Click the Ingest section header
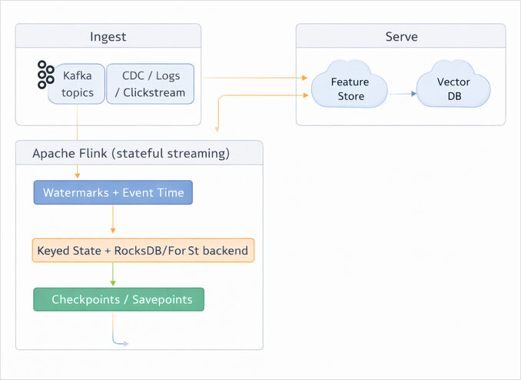point(108,37)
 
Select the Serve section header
point(400,37)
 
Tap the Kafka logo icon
point(45,75)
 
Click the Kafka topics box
point(77,85)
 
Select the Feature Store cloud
point(349,89)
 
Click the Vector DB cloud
point(453,89)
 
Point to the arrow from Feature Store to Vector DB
point(402,94)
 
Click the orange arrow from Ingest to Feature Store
point(254,77)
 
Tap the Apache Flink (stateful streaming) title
point(131,153)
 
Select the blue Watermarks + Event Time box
point(113,192)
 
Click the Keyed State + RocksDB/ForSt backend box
point(144,251)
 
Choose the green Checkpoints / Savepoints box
point(119,299)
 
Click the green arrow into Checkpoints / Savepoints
point(113,275)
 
